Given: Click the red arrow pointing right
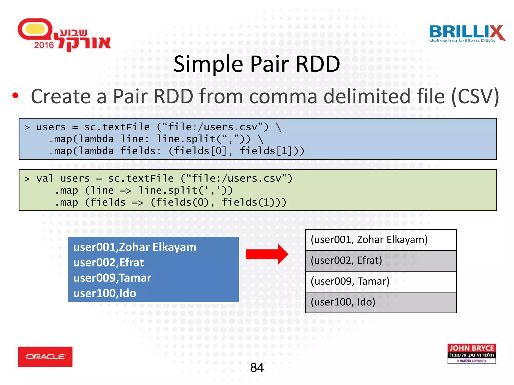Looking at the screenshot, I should point(267,254).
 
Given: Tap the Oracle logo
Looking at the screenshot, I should point(45,357).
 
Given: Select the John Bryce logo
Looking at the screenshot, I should point(471,353).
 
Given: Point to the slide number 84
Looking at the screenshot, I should point(257,367).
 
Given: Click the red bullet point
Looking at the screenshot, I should point(15,95).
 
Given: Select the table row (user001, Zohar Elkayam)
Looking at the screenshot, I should point(380,240).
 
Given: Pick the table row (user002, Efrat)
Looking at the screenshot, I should point(380,261).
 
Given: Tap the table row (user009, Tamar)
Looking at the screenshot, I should point(380,281).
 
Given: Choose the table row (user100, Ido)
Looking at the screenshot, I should point(380,302).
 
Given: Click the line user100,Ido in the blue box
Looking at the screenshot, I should point(105,293).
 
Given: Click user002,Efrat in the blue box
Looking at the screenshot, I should point(108,262).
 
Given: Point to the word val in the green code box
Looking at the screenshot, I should point(45,178).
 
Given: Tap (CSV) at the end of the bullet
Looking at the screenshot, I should point(475,97).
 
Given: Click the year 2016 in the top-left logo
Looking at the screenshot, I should point(44,45).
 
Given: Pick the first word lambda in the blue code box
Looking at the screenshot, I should point(96,139).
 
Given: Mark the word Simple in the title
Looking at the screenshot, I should point(208,64).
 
